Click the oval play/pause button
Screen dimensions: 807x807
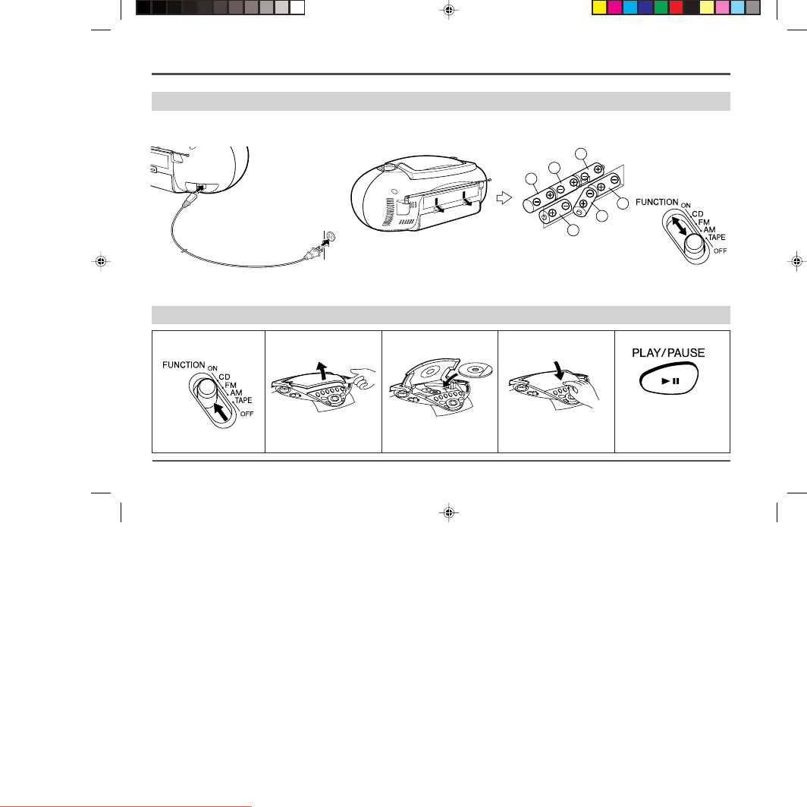(x=668, y=379)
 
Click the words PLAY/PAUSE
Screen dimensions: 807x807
(x=668, y=353)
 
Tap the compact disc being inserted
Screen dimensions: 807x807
(x=476, y=369)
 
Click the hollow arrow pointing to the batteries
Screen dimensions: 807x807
(x=504, y=197)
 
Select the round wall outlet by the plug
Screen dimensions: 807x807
(x=330, y=237)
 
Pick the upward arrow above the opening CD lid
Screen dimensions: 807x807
(x=322, y=370)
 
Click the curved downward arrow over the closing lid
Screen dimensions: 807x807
(x=559, y=370)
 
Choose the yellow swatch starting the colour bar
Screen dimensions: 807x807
(x=600, y=7)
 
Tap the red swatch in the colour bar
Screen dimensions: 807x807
(x=676, y=7)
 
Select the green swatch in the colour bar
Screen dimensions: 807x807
(x=661, y=7)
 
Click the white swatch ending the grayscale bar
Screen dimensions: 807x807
(x=297, y=7)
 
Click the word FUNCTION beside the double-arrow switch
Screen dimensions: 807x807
(x=657, y=202)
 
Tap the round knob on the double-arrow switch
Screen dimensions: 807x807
(x=694, y=244)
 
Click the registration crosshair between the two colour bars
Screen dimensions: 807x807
(x=449, y=10)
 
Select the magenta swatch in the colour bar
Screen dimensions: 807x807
(x=615, y=7)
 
